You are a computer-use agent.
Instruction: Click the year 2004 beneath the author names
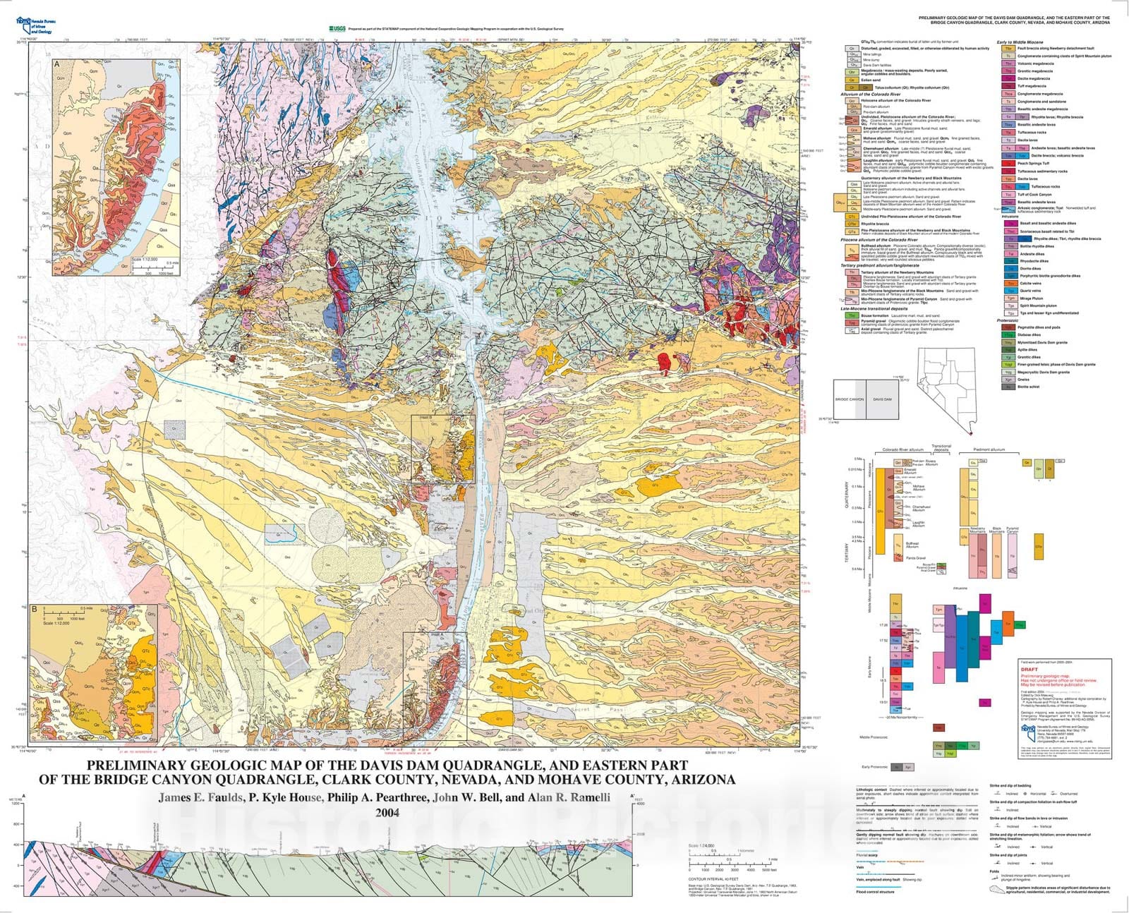[x=387, y=813]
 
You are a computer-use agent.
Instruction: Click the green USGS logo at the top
[x=337, y=29]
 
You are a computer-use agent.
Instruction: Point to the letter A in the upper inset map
[x=56, y=64]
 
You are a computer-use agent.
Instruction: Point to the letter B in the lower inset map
[x=35, y=608]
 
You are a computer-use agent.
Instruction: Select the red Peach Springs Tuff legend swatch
[x=1008, y=164]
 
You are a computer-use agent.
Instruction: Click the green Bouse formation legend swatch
[x=852, y=315]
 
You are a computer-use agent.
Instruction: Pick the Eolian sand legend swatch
[x=852, y=80]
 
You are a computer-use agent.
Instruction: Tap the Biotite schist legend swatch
[x=1009, y=387]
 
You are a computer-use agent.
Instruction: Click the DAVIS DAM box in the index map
[x=882, y=399]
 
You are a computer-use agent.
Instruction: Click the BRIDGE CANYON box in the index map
[x=849, y=399]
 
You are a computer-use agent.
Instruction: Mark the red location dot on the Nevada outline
[x=970, y=433]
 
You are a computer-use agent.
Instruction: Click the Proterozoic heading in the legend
[x=1007, y=320]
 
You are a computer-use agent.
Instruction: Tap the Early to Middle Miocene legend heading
[x=1020, y=42]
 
